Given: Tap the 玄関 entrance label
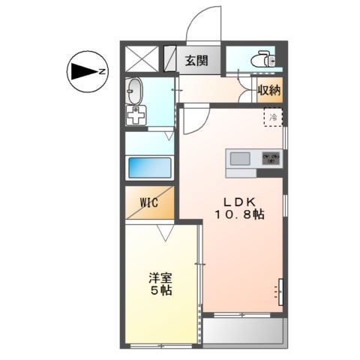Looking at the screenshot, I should pos(198,61).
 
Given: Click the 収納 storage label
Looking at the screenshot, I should pos(269,90).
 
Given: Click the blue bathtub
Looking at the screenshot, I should pos(150,166).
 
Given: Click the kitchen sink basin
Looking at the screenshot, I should pos(241,158).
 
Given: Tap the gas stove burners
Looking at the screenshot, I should pos(271,158).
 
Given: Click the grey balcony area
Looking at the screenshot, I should pos(244,332).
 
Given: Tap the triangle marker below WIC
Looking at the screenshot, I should pos(167,232).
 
